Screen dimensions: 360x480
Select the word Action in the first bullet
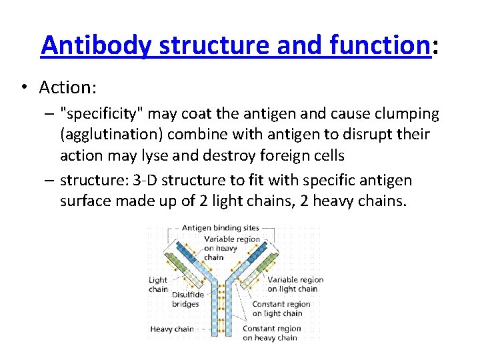pos(62,87)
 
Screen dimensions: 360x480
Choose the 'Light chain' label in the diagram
pos(158,285)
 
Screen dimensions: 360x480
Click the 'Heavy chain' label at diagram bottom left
pos(171,329)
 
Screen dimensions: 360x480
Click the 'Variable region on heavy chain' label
pos(231,248)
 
